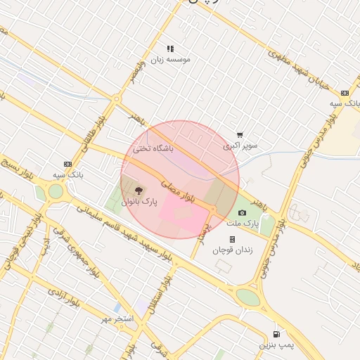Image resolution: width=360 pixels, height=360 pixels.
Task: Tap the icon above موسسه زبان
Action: point(170,49)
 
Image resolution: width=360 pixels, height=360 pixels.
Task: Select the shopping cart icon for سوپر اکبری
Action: point(240,135)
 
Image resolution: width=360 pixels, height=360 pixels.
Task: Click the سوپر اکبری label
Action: point(240,146)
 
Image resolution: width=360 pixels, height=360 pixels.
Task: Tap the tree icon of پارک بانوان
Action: point(138,191)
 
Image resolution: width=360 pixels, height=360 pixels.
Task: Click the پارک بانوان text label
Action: point(139,202)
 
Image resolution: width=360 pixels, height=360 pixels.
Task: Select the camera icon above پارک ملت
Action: point(243,212)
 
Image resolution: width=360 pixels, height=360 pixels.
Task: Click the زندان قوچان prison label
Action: point(233,250)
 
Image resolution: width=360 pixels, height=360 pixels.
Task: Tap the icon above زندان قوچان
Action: point(233,239)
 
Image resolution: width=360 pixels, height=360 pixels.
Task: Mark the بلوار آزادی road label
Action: point(67,298)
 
